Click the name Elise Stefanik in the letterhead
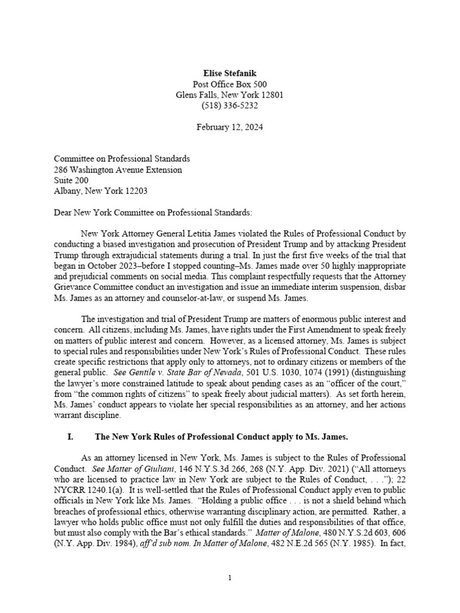pyautogui.click(x=229, y=72)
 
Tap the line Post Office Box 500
pyautogui.click(x=229, y=84)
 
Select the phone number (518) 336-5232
pyautogui.click(x=229, y=106)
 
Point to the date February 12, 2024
pyautogui.click(x=229, y=128)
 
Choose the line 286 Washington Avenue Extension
pyautogui.click(x=118, y=169)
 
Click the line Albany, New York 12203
pyautogui.click(x=101, y=191)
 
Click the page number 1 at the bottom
pyautogui.click(x=229, y=578)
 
